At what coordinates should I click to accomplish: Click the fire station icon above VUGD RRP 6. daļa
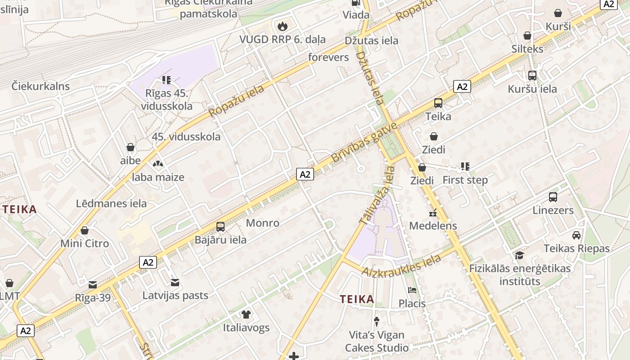282,26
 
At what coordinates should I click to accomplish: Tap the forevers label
328,57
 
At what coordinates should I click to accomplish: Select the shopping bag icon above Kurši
558,13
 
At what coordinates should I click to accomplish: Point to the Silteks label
527,49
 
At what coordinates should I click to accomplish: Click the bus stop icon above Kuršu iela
532,76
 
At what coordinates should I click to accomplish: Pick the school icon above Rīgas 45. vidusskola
166,80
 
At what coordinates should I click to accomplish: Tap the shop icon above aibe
130,147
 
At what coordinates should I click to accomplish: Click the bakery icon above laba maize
158,164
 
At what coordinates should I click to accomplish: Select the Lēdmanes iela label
111,203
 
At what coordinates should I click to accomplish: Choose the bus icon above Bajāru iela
220,227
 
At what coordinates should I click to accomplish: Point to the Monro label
262,223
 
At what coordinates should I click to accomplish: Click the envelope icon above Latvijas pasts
175,283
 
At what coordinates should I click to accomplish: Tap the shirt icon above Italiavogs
246,314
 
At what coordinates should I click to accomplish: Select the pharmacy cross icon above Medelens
433,213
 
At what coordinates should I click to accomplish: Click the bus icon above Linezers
553,197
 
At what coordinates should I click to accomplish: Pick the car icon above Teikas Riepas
576,235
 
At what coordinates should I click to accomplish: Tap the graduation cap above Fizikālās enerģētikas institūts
520,256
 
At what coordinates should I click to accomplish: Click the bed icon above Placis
412,290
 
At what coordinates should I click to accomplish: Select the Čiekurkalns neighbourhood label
41,86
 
